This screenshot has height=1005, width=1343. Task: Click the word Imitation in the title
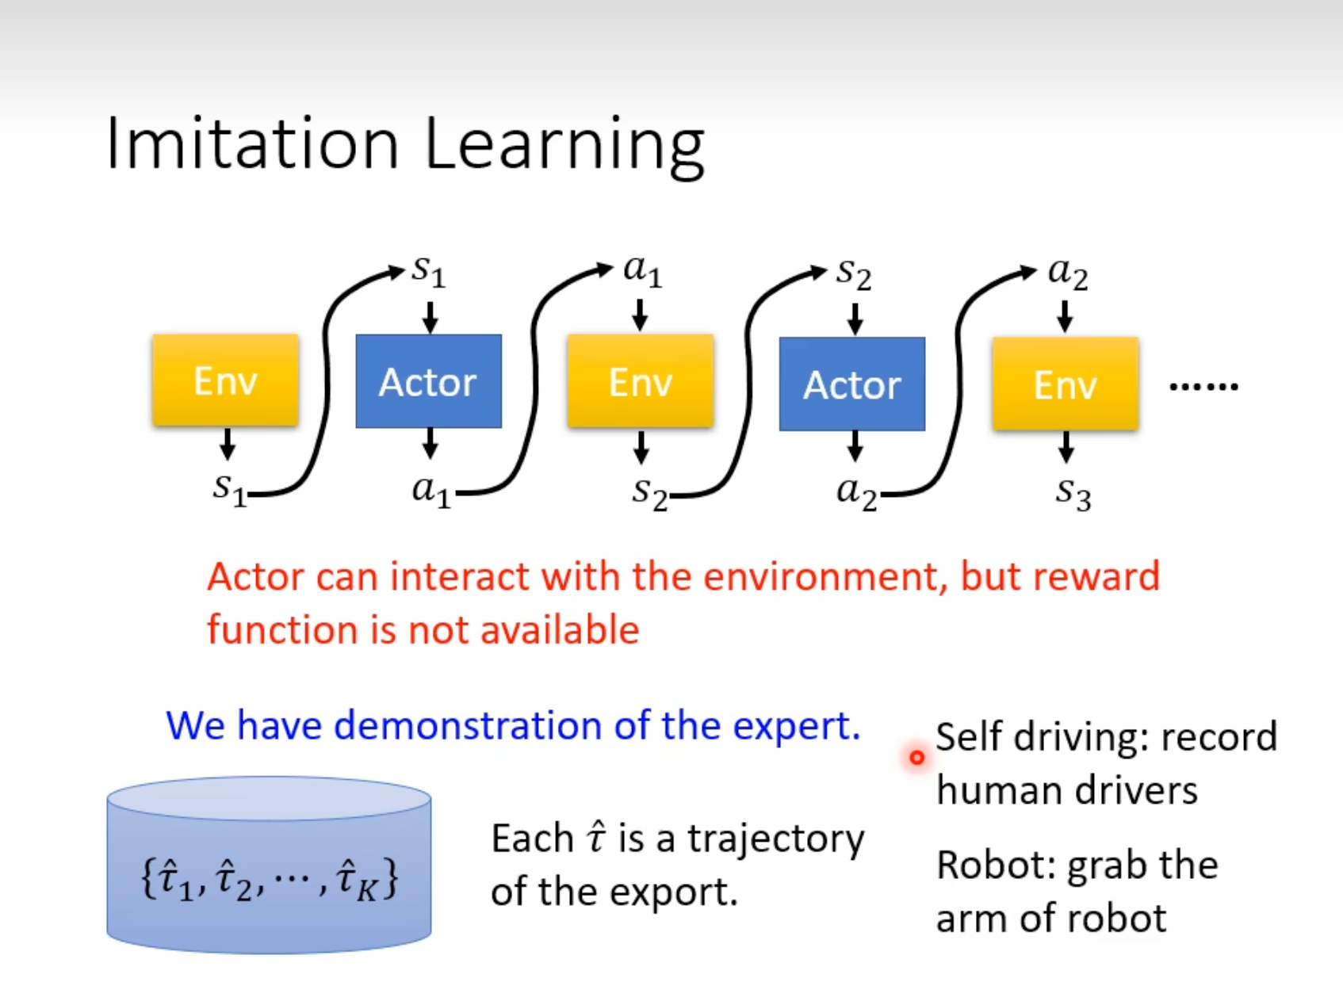(252, 143)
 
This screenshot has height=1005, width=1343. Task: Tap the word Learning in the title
(564, 147)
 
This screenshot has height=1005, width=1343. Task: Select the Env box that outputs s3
(1066, 384)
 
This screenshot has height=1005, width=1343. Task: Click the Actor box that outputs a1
(428, 381)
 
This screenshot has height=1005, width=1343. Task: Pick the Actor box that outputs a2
(852, 384)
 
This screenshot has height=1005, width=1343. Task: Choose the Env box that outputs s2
(641, 381)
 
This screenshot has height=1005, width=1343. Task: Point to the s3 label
(1073, 493)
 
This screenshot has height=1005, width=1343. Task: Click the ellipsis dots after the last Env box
(1203, 387)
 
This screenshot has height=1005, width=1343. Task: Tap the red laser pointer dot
(916, 758)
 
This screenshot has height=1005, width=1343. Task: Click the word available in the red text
(559, 630)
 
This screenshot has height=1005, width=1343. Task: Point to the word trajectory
(775, 840)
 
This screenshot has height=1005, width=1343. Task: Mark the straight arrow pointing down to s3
(1066, 446)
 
